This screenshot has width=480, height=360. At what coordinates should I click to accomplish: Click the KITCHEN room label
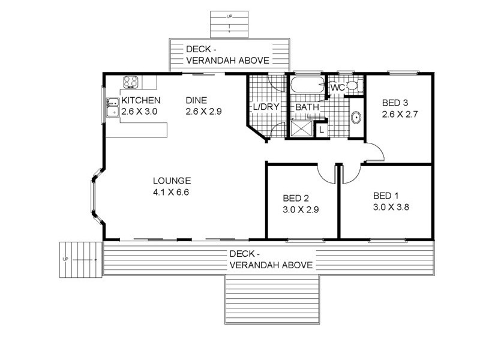pyautogui.click(x=141, y=100)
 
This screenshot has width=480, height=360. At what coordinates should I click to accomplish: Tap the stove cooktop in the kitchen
pyautogui.click(x=131, y=82)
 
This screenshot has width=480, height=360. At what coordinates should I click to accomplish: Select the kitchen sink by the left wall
pyautogui.click(x=111, y=107)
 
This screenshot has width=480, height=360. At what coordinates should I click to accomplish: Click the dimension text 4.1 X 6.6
pyautogui.click(x=171, y=192)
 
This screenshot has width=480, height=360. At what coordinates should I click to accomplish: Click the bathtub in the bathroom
pyautogui.click(x=307, y=85)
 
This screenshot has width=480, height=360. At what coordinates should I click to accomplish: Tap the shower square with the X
pyautogui.click(x=302, y=128)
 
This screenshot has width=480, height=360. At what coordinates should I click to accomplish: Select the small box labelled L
pyautogui.click(x=322, y=129)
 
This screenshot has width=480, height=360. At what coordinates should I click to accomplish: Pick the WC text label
pyautogui.click(x=338, y=88)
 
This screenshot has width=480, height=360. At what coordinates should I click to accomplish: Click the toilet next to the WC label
pyautogui.click(x=352, y=86)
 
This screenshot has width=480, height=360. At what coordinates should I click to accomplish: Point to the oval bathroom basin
pyautogui.click(x=355, y=117)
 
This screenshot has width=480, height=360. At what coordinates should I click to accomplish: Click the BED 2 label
pyautogui.click(x=295, y=198)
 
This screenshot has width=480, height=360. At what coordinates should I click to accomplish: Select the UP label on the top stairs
pyautogui.click(x=229, y=17)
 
